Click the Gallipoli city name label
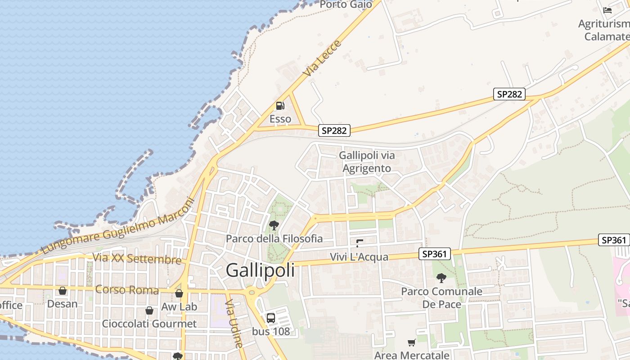point(260,270)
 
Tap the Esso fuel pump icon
point(280,106)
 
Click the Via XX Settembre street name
point(137,259)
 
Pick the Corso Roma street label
point(127,289)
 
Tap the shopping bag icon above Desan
point(63,291)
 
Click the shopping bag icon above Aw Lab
point(179,293)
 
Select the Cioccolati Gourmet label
point(149,324)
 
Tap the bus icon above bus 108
point(271,318)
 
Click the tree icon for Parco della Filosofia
point(274,225)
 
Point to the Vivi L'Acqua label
point(359,257)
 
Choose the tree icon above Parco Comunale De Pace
point(441,278)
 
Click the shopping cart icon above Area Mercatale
point(411,343)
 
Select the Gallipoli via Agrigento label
point(367,162)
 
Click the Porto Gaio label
point(346,4)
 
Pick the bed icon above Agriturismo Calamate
point(607,10)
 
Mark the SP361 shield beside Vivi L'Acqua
point(435,254)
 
